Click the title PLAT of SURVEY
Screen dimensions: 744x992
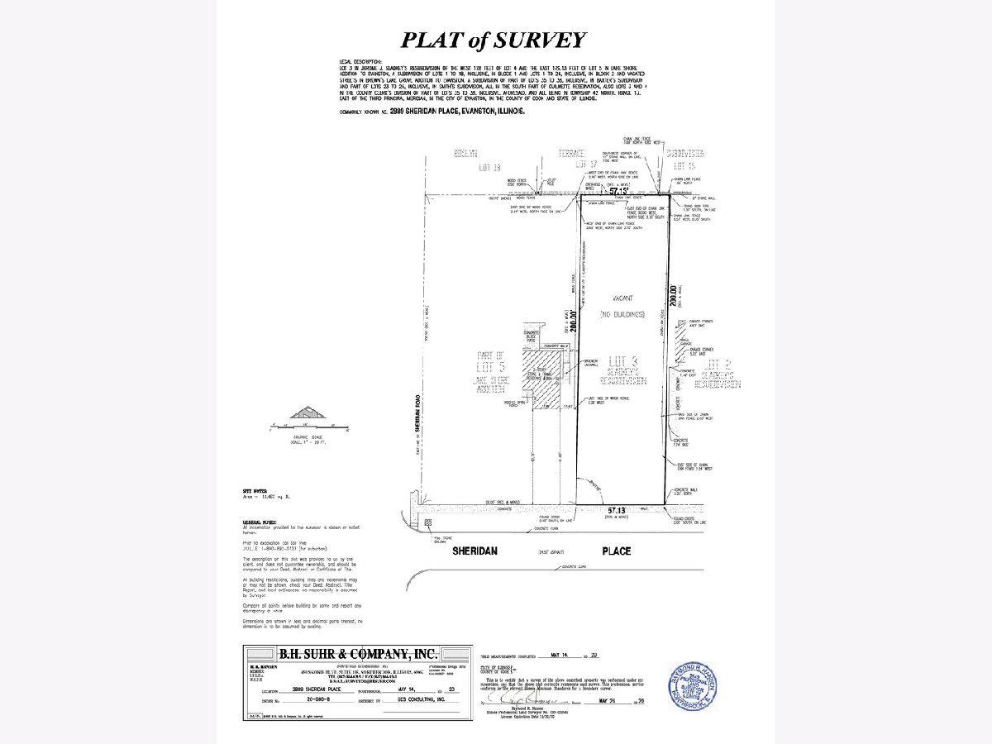click(x=494, y=40)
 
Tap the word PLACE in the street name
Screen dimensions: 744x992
click(x=616, y=551)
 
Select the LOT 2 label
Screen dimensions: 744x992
click(x=715, y=364)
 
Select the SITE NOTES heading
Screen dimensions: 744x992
click(x=253, y=491)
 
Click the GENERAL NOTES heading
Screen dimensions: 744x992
click(x=258, y=522)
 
